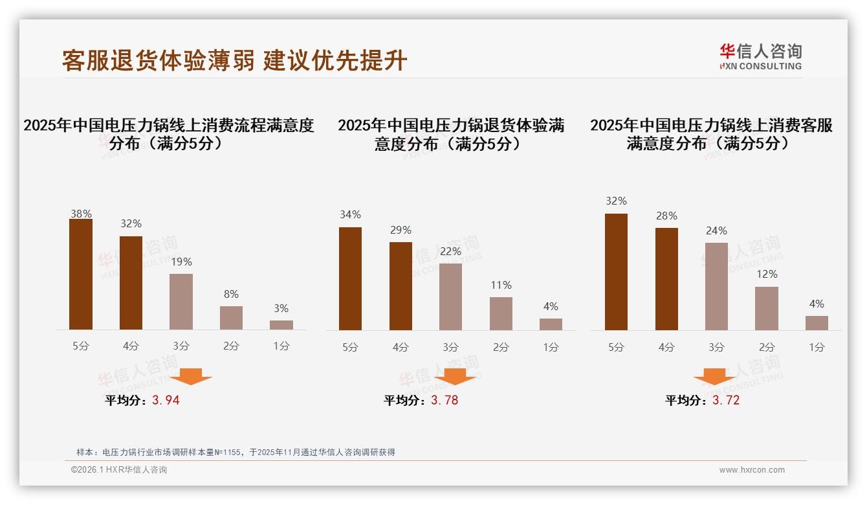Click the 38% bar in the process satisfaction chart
pos(81,275)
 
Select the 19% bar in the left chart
pos(181,302)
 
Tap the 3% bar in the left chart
pos(281,325)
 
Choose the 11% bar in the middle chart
pos(501,313)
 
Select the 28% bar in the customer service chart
pos(666,279)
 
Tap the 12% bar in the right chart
pos(767,308)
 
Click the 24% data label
pos(716,230)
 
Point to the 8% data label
pos(231,293)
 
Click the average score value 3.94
pos(166,400)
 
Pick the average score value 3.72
pos(726,400)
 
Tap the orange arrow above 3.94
pos(191,376)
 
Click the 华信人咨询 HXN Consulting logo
pos(760,57)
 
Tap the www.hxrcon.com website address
pos(752,470)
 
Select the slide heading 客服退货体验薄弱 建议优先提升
pos(234,60)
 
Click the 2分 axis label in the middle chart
pos(501,347)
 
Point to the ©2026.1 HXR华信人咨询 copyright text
pos(119,470)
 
